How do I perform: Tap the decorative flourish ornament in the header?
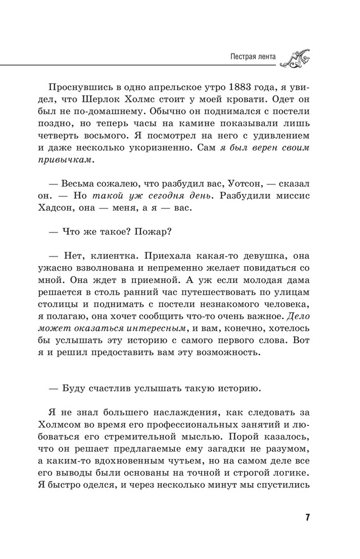coord(297,57)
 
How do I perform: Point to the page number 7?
coord(307,516)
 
